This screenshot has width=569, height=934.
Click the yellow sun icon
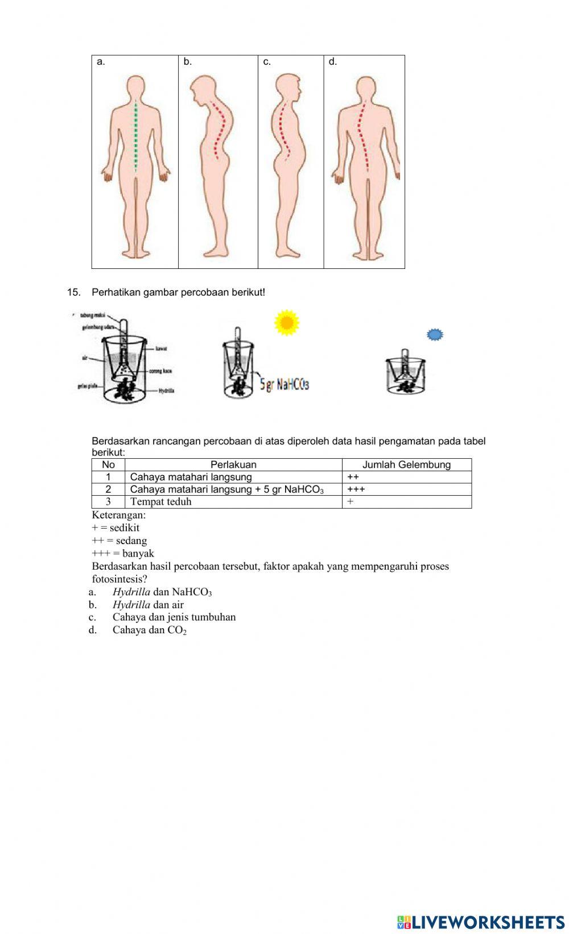(x=287, y=322)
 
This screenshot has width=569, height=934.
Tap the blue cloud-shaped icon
(x=435, y=335)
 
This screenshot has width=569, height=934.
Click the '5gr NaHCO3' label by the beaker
(x=284, y=384)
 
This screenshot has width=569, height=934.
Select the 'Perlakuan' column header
(x=233, y=464)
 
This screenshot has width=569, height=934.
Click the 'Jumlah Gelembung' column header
(x=406, y=464)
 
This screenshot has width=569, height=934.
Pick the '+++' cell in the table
(x=356, y=489)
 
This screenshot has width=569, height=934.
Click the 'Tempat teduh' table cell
(x=161, y=501)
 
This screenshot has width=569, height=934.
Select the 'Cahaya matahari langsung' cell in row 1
(x=191, y=477)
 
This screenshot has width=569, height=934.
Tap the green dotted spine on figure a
(x=135, y=136)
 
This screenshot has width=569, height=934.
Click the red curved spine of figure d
(x=362, y=136)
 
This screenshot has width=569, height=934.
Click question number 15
(x=73, y=292)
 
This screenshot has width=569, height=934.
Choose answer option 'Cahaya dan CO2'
(x=149, y=630)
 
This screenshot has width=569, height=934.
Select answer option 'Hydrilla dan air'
(x=148, y=605)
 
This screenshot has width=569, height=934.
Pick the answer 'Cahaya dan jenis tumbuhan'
(x=174, y=617)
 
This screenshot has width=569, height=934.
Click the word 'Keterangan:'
(x=118, y=515)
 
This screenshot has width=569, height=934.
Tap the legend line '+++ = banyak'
(x=122, y=553)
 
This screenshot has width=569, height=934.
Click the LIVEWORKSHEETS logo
(x=481, y=921)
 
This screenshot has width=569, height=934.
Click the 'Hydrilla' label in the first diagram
(x=166, y=391)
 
